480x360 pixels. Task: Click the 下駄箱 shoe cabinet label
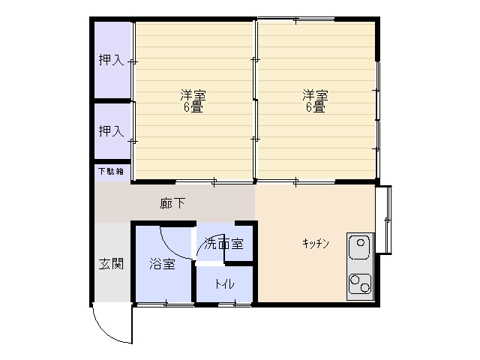(111, 171)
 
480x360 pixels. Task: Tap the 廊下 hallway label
(172, 203)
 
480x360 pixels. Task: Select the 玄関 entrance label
(111, 263)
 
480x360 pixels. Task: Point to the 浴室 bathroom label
(162, 263)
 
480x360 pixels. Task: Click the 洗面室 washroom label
(223, 244)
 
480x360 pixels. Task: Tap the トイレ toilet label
(224, 284)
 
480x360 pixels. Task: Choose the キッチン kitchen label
(315, 244)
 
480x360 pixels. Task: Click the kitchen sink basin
(360, 247)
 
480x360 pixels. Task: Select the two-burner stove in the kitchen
(360, 283)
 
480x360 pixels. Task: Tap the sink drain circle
(361, 243)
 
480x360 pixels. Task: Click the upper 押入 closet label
(111, 60)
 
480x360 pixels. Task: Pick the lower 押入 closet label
(111, 131)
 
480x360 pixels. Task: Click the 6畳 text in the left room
(193, 107)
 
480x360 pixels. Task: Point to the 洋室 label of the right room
(315, 95)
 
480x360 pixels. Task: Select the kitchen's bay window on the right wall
(384, 220)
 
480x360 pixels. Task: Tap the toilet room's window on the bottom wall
(235, 304)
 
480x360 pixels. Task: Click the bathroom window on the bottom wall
(166, 304)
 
